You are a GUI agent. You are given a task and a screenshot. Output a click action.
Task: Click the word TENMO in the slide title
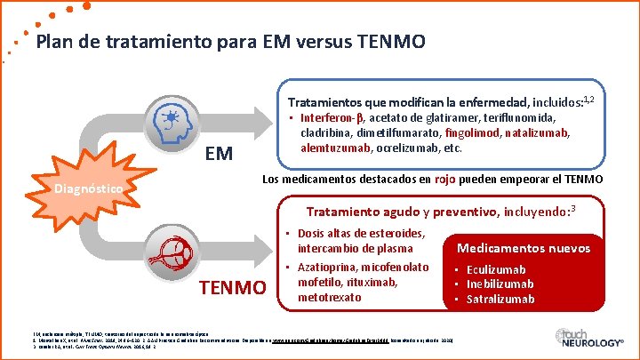388,42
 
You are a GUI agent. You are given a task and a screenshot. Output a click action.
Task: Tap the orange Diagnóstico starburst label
88,188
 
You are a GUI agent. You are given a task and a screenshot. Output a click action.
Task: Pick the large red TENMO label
233,288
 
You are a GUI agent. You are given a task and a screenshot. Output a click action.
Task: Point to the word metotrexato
332,296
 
